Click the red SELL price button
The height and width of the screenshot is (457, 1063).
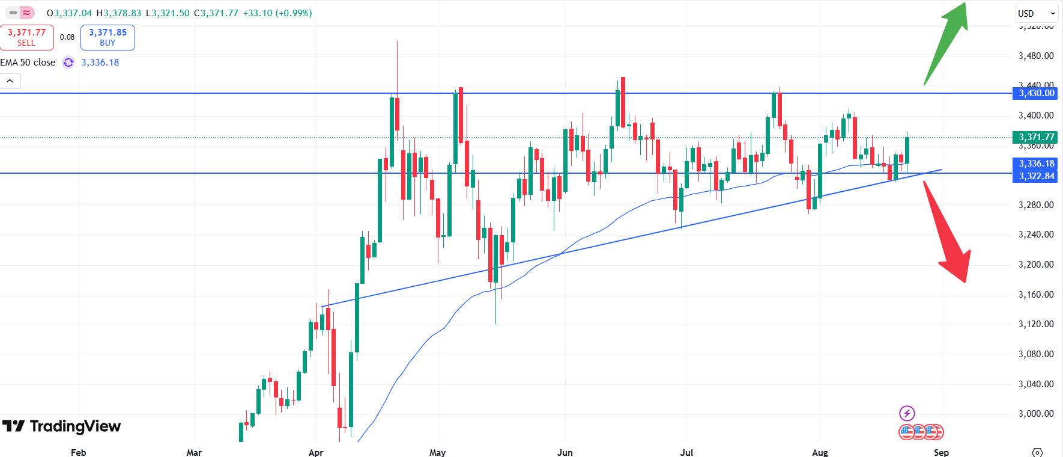point(26,37)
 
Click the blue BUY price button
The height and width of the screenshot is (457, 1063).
point(108,37)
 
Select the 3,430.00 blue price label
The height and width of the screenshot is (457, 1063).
point(1036,93)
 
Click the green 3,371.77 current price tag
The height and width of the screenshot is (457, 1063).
point(1036,137)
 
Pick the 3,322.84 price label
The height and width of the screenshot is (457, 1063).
point(1036,176)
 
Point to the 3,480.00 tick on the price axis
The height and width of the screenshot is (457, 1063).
point(1036,56)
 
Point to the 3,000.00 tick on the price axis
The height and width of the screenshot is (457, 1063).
point(1036,414)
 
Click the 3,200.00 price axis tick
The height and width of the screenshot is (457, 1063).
point(1036,265)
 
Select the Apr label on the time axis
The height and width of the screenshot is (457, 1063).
point(316,452)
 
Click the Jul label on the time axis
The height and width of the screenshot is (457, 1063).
point(686,452)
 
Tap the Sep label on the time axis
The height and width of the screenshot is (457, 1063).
point(941,452)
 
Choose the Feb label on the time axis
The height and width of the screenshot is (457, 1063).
point(78,452)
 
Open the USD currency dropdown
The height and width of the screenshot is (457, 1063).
point(1036,13)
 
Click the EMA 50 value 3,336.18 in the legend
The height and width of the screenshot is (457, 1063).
point(100,63)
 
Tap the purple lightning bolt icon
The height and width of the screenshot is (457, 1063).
point(907,413)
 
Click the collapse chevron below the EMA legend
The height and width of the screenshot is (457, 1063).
point(10,81)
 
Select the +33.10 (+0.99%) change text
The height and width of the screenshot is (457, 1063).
point(277,13)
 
